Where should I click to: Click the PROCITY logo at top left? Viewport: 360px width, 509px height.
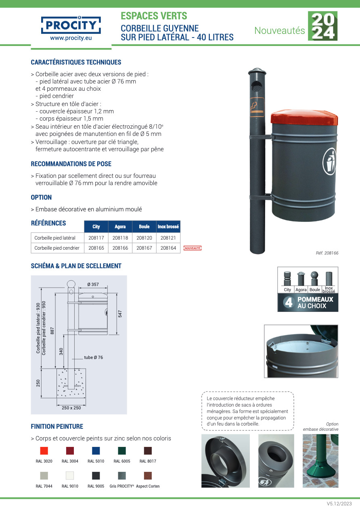(71, 25)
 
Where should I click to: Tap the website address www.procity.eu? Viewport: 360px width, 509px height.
(71, 38)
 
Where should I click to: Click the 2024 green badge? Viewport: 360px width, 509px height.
(322, 26)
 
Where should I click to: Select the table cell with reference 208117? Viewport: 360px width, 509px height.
(96, 238)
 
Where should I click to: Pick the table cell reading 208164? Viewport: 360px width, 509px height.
(168, 248)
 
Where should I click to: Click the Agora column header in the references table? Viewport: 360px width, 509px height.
(120, 227)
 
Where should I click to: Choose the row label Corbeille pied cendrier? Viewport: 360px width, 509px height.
(57, 248)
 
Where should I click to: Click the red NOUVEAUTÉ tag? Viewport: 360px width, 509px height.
(192, 248)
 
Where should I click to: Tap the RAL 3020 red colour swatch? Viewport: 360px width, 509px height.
(44, 451)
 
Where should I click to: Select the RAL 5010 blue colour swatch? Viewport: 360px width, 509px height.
(96, 451)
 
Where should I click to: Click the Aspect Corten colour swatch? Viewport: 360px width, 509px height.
(148, 476)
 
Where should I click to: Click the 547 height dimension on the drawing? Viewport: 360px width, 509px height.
(120, 313)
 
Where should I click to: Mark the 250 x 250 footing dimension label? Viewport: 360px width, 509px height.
(71, 408)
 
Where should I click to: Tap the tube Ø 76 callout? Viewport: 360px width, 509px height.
(93, 357)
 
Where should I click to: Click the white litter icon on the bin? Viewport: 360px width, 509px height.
(330, 161)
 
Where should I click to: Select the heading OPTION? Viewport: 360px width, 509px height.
(41, 197)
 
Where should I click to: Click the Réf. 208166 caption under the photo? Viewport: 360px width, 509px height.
(327, 253)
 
